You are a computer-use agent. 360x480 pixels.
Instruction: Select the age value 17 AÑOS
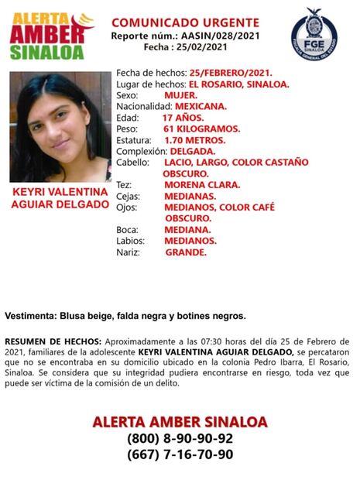(x=187, y=117)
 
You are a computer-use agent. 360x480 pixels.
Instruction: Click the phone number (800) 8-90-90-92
(x=180, y=438)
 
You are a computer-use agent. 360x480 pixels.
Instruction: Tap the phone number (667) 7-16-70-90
(x=180, y=455)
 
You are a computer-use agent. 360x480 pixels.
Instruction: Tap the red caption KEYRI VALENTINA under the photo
(x=60, y=191)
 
